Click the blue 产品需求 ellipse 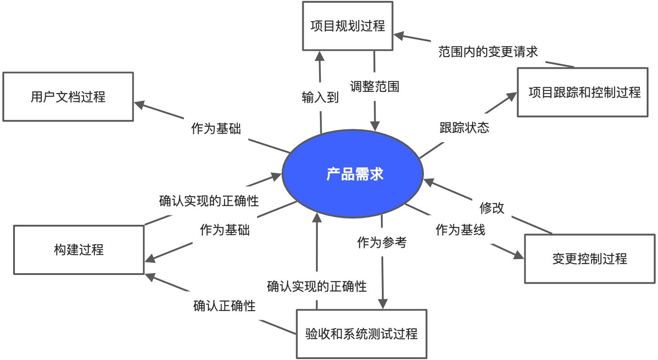[352, 174]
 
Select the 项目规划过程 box [348, 26]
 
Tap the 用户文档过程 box [68, 97]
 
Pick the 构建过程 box [79, 250]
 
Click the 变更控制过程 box [589, 259]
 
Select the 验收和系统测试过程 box [361, 334]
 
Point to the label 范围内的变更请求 [488, 52]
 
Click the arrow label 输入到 [320, 97]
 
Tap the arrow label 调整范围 [375, 86]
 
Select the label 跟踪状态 [464, 128]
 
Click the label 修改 [492, 208]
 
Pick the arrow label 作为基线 [460, 230]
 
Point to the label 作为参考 [381, 242]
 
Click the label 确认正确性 [224, 306]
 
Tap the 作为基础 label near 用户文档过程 [216, 129]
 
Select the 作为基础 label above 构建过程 [225, 230]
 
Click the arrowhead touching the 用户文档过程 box [138, 104]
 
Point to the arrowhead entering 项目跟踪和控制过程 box [512, 96]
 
